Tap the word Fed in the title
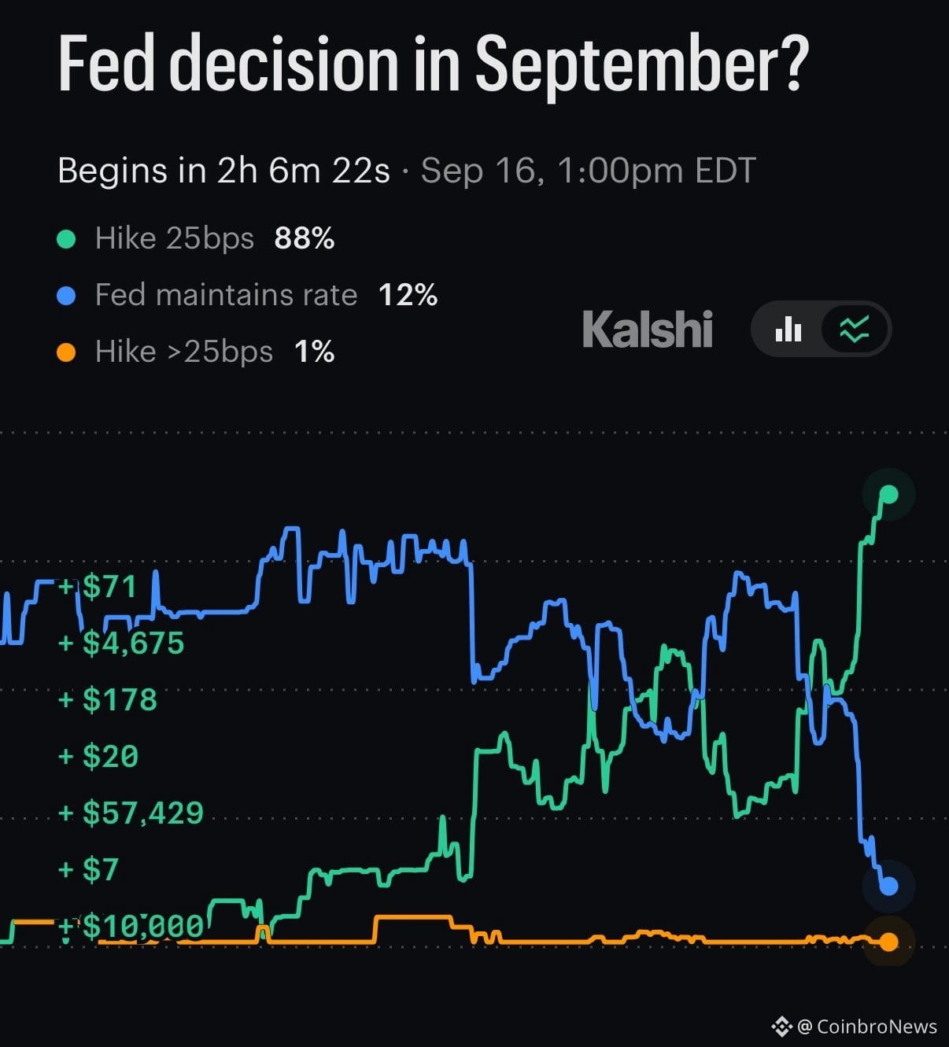click(x=106, y=64)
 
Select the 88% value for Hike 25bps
click(x=305, y=238)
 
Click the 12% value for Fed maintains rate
click(x=408, y=295)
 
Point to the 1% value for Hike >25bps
click(x=315, y=352)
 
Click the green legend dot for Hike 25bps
click(x=66, y=239)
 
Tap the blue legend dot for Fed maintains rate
click(x=66, y=296)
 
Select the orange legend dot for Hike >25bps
click(x=66, y=352)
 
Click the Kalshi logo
click(x=648, y=329)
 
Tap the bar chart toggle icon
click(x=788, y=329)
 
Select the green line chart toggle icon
click(x=855, y=329)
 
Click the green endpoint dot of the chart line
click(x=889, y=494)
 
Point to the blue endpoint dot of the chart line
click(x=889, y=887)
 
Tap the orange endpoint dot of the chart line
click(x=889, y=942)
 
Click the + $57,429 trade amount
click(x=131, y=813)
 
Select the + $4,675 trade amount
click(x=121, y=643)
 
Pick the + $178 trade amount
click(x=108, y=699)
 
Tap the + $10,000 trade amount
click(x=131, y=926)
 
